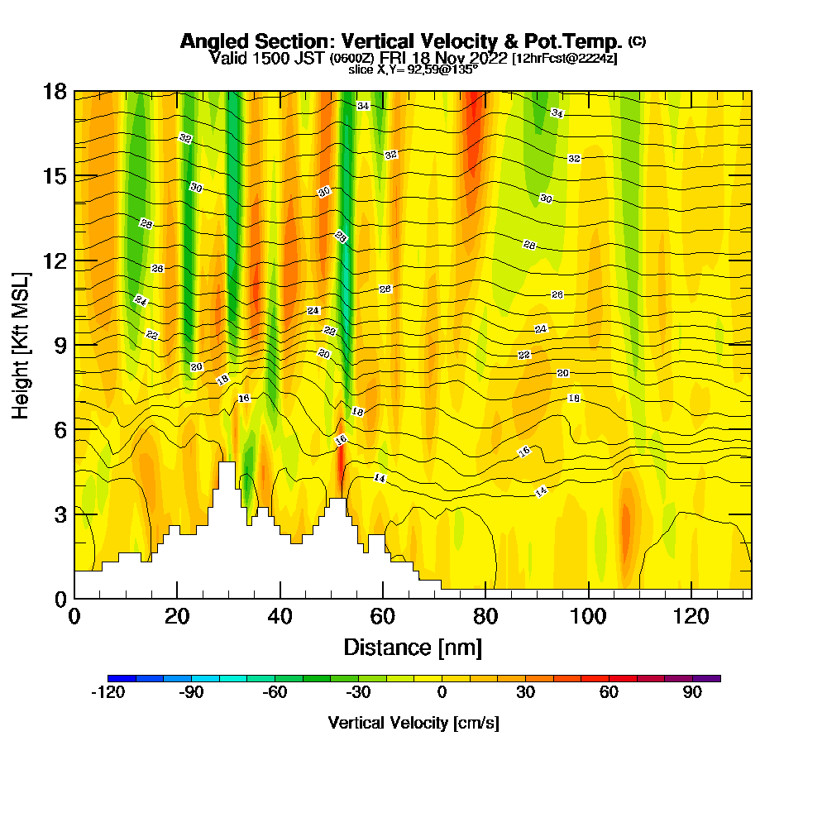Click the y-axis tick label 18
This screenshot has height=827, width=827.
click(x=55, y=92)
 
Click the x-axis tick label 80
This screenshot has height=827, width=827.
click(x=485, y=617)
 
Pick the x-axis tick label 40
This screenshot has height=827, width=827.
click(x=280, y=617)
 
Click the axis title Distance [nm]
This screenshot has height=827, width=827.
click(x=412, y=647)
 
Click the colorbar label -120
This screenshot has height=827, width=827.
click(x=107, y=693)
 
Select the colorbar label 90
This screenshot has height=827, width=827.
click(x=692, y=693)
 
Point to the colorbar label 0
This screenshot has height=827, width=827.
click(x=442, y=693)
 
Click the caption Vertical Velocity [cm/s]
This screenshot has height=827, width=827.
click(x=413, y=723)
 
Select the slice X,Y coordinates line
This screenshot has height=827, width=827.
click(x=413, y=70)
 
